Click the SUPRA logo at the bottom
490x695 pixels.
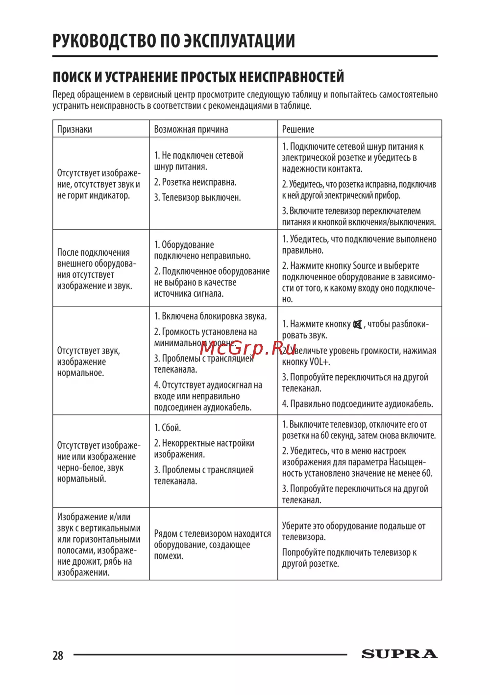point(399,654)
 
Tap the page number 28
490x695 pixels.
point(58,655)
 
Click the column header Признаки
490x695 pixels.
point(74,129)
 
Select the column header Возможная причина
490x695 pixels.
point(191,129)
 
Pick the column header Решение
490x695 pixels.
point(298,129)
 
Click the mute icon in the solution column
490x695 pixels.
point(358,324)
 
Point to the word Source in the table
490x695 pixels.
point(364,266)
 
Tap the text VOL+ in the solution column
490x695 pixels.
point(319,362)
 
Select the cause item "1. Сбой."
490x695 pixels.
point(168,428)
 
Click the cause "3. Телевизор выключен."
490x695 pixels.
point(197,198)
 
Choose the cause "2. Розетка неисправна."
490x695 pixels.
point(195,182)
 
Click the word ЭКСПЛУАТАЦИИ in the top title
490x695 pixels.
point(240,41)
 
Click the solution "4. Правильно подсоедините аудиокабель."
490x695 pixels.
point(358,404)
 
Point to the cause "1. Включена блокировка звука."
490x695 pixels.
point(210,316)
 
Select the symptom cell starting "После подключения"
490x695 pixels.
point(96,269)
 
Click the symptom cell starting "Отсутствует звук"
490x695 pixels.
point(89,362)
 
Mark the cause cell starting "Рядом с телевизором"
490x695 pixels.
point(212,545)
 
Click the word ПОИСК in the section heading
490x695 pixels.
point(72,77)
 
